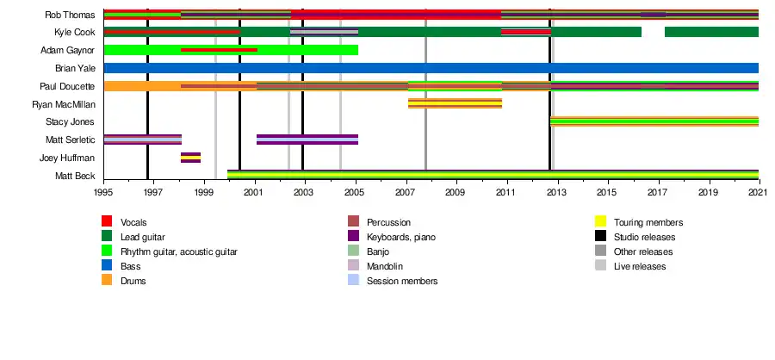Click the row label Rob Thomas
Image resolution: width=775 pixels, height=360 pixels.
coord(70,15)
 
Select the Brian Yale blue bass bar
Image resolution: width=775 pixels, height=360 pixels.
coord(431,68)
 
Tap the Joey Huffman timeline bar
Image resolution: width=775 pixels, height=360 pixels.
coord(191,158)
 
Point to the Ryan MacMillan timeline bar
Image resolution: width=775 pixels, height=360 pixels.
coord(455,104)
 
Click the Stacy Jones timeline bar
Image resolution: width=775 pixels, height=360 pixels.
coord(654,121)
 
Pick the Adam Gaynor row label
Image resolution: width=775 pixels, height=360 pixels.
coord(68,51)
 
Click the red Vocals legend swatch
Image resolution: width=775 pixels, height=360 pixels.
coord(107,221)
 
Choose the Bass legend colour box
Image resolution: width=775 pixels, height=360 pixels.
coord(107,265)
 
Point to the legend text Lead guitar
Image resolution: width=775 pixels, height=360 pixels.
coord(143,238)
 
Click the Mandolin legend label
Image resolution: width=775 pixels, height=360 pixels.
coord(385,266)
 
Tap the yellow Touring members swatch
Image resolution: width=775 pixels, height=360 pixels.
coord(600,221)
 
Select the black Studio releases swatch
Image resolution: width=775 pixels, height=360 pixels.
coord(600,236)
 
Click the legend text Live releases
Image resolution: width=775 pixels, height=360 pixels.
coord(640,266)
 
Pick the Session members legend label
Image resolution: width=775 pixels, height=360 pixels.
coord(402,282)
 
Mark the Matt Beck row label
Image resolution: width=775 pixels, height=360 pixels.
coord(75,176)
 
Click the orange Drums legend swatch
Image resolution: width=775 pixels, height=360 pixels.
coord(107,280)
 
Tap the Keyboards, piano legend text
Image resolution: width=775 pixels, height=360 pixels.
coord(400,238)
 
